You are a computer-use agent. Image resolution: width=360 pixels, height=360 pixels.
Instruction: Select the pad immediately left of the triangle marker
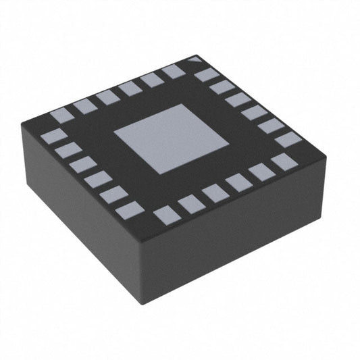click(174, 71)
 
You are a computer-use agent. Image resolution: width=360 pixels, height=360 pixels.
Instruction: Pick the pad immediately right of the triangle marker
click(207, 74)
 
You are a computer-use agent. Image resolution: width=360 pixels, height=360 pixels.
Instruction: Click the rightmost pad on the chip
click(288, 140)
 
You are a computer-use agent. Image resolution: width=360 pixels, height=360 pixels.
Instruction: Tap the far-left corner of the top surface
click(22, 124)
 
